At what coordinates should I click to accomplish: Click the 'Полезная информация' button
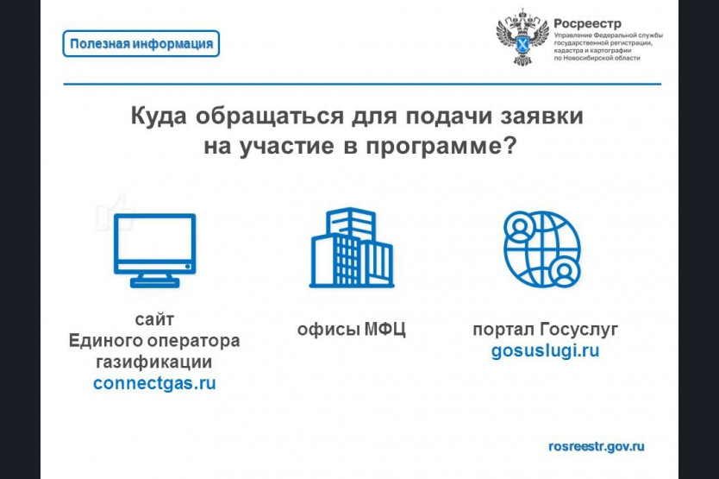[x=141, y=44]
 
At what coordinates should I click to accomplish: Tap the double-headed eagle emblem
[x=522, y=37]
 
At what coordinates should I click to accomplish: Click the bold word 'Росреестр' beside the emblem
[x=587, y=23]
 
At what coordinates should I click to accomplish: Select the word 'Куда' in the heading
[x=159, y=117]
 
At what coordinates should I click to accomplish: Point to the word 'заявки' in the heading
[x=541, y=117]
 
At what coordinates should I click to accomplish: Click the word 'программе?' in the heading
[x=441, y=147]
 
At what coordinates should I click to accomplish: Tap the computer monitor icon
[x=155, y=251]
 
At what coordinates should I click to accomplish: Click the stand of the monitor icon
[x=154, y=280]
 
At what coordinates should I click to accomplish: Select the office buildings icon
[x=352, y=248]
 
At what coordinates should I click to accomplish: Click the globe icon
[x=542, y=249]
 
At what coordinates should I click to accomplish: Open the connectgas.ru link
[x=154, y=383]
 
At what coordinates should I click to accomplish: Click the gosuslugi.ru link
[x=545, y=351]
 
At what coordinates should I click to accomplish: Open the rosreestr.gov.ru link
[x=596, y=446]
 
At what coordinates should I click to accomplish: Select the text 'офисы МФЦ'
[x=351, y=330]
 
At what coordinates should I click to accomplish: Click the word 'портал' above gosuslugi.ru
[x=503, y=330]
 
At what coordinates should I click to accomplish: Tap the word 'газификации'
[x=154, y=362]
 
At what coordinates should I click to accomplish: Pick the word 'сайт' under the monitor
[x=154, y=319]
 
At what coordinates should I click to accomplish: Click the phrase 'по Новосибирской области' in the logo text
[x=597, y=59]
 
